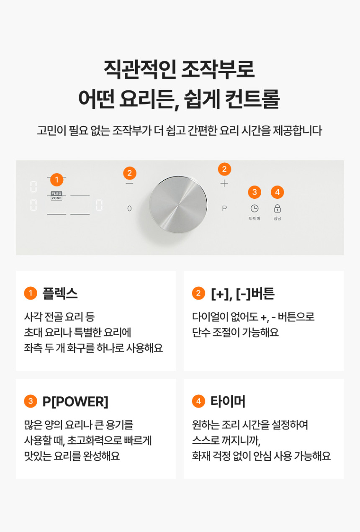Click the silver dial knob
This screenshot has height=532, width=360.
pos(178,205)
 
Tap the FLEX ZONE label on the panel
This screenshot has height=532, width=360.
pos(57,196)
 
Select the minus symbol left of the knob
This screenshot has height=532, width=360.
pos(129,184)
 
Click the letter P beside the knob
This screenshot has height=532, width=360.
pos(224,208)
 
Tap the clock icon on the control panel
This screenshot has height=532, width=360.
pos(255,208)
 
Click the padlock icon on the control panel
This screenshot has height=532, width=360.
pos(278,208)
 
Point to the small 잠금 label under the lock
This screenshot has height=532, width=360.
pos(278,218)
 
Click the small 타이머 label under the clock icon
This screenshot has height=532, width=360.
pos(255,218)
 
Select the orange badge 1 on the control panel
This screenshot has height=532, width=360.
pos(57,180)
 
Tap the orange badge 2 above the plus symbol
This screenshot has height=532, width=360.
pos(224,169)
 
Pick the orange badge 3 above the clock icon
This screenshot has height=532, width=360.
pos(255,192)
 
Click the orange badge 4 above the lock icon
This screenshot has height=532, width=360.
pos(278,192)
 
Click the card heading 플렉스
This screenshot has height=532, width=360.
pos(60,293)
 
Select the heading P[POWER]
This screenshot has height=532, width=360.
pos(75,402)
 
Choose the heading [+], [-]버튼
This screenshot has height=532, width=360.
pos(243,293)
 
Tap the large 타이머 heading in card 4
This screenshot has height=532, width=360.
pos(228,401)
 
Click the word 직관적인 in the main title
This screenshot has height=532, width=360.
pos(140,69)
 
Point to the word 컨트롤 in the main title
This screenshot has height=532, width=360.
pos(252,99)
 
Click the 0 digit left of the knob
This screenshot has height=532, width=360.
pos(129,208)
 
